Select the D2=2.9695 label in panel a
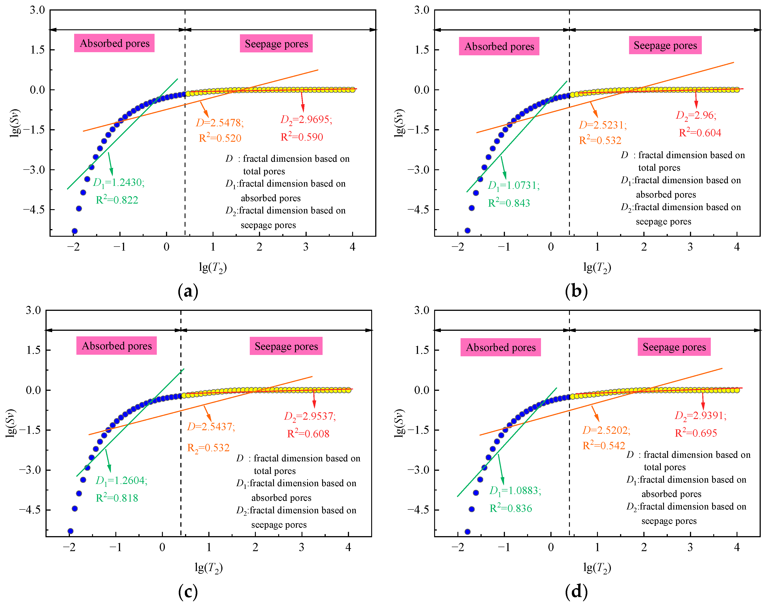306,120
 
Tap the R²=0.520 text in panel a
220,138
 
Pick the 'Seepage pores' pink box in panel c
286,346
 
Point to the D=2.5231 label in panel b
603,125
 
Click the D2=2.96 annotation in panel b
696,116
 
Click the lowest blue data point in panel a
75,231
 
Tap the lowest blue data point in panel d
467,531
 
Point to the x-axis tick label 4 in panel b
737,247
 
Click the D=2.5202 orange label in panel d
606,431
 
